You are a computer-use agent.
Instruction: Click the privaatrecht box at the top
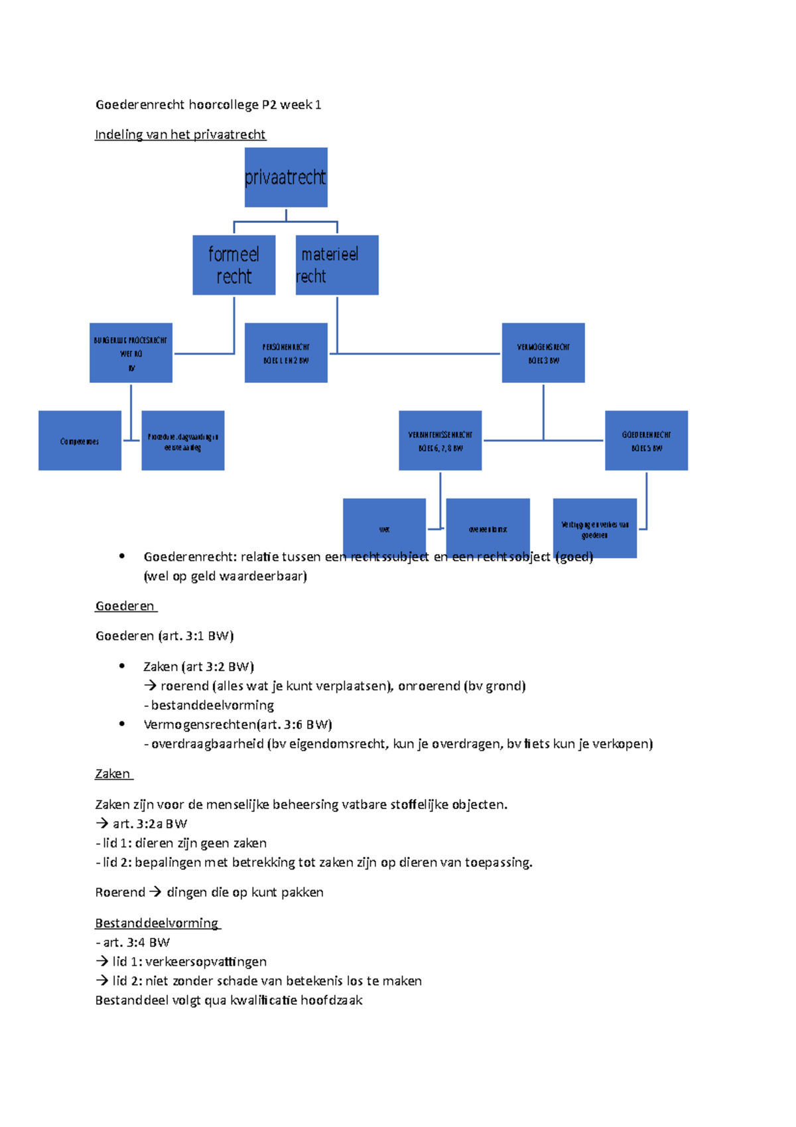point(286,177)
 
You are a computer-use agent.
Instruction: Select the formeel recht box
point(233,265)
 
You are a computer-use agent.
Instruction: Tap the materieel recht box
point(337,265)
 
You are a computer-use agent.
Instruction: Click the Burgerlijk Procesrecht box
point(131,352)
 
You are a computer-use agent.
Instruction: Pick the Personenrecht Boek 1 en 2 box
point(286,352)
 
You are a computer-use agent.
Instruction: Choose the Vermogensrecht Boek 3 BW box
point(543,352)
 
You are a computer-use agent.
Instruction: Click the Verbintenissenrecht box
point(440,440)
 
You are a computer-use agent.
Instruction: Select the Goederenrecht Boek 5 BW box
point(646,440)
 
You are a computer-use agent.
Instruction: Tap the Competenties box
point(80,440)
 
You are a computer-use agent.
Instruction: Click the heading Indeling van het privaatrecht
point(180,135)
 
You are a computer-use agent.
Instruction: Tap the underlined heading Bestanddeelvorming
point(157,923)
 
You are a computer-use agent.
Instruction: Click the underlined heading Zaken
point(113,774)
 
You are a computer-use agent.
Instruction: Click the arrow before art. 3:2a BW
point(101,824)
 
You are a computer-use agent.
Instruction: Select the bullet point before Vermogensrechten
point(122,724)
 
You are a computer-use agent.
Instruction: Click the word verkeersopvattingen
point(206,962)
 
